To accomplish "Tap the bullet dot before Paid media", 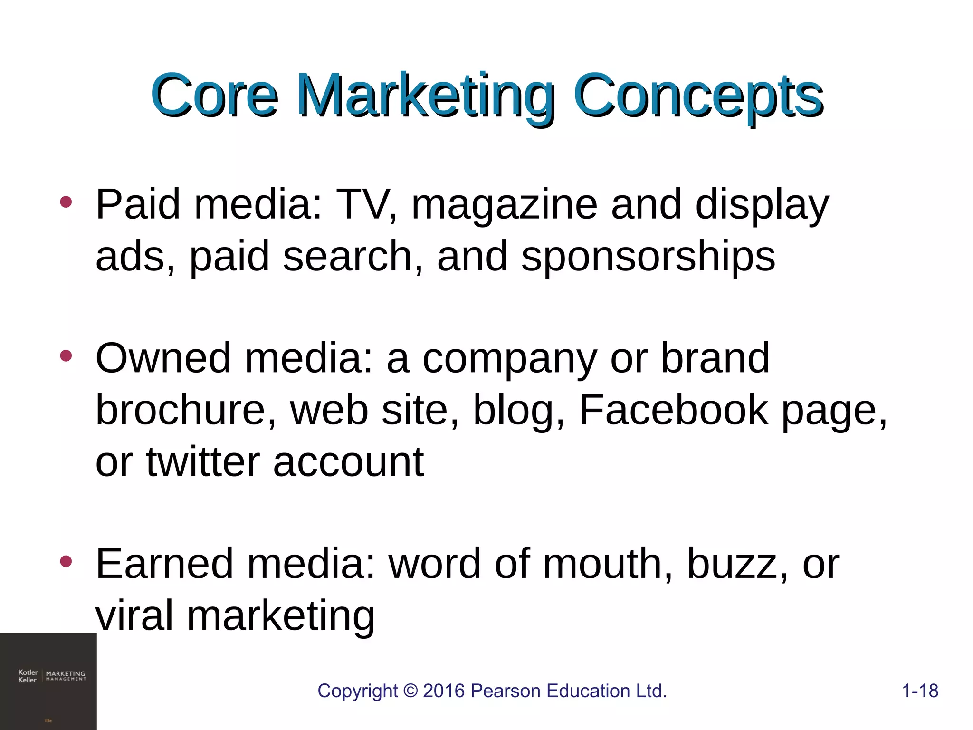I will [x=66, y=202].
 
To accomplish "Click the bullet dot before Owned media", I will [x=66, y=356].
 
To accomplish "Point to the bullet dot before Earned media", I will [x=66, y=562].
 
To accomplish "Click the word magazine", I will [x=504, y=205].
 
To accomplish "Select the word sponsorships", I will [x=648, y=257].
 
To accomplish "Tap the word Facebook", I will [x=673, y=410].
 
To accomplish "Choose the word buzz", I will [x=733, y=564].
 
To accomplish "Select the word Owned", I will [x=163, y=358].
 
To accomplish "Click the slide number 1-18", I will [x=920, y=691].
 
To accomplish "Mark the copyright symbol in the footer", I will [x=410, y=691].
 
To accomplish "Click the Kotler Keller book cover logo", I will [x=48, y=681].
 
